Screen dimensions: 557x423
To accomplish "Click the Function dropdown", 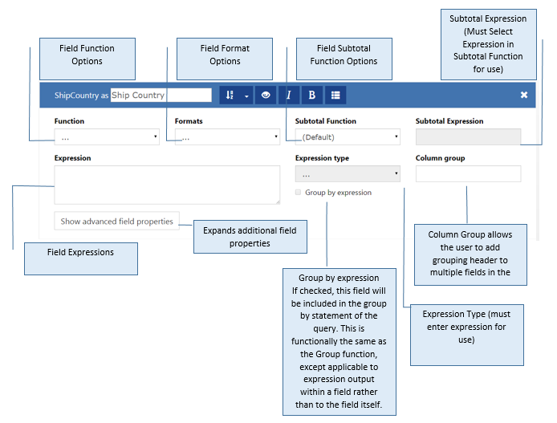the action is pyautogui.click(x=107, y=136).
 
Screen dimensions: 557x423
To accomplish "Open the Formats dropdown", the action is pyautogui.click(x=227, y=136).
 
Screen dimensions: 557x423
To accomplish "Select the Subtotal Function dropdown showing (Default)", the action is pyautogui.click(x=348, y=136).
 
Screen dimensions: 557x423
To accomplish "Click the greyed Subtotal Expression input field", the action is pyautogui.click(x=468, y=136).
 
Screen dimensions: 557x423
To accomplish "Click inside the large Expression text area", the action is pyautogui.click(x=167, y=185).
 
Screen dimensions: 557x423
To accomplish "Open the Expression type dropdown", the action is pyautogui.click(x=348, y=173).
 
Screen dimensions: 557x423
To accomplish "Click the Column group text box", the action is pyautogui.click(x=468, y=173).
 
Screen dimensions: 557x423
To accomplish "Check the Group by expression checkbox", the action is pyautogui.click(x=298, y=192).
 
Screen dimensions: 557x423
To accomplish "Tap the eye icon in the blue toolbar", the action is pyautogui.click(x=266, y=95).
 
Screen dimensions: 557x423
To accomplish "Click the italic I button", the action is pyautogui.click(x=289, y=95).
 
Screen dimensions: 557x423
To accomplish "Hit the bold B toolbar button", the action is pyautogui.click(x=312, y=95).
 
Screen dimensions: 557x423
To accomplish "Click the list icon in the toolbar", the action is pyautogui.click(x=335, y=95).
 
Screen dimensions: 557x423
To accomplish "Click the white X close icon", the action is pyautogui.click(x=524, y=95).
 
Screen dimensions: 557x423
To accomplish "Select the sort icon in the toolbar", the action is pyautogui.click(x=230, y=95).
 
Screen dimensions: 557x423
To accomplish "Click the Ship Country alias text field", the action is pyautogui.click(x=161, y=95).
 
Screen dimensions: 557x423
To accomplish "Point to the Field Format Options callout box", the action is pyautogui.click(x=225, y=59).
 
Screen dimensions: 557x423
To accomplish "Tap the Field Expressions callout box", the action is pyautogui.click(x=81, y=259).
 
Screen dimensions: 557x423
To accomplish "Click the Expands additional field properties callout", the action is pyautogui.click(x=250, y=237).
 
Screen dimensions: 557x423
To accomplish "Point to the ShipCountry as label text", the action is pyautogui.click(x=81, y=96).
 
